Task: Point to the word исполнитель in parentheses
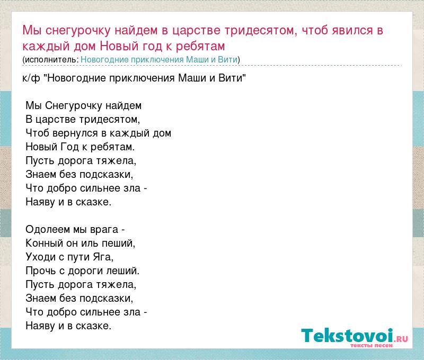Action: (50, 59)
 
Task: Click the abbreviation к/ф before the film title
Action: (31, 78)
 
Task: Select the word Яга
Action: (103, 257)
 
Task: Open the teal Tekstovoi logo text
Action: (347, 336)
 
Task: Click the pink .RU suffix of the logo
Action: (401, 339)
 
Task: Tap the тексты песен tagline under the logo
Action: (372, 345)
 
